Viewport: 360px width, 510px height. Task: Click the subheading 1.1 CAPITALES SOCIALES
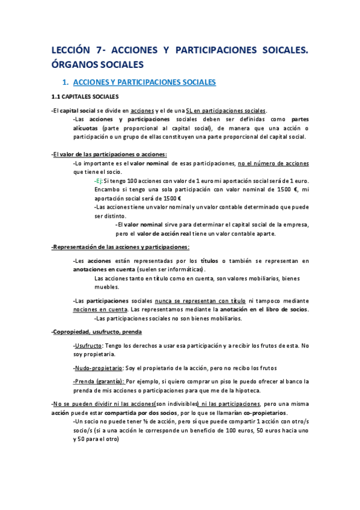(85, 96)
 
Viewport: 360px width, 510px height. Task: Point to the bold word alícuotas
(86, 128)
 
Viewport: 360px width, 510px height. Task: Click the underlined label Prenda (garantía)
(99, 381)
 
